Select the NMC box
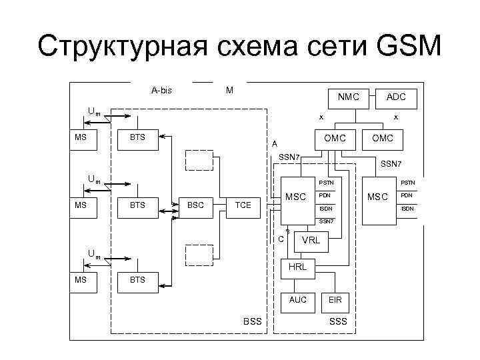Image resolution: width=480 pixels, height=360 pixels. pos(348,97)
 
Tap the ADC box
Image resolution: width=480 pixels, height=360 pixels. pos(396,97)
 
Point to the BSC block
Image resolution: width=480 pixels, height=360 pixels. pos(195,205)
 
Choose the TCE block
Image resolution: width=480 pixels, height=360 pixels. pos(243,205)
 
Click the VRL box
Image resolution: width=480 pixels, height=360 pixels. pos(311,240)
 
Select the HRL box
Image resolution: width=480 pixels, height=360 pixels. pos(297,267)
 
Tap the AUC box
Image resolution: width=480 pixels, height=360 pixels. pos(297,300)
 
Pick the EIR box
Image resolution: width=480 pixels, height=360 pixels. pos(335,300)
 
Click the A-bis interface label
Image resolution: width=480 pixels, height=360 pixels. pos(161,90)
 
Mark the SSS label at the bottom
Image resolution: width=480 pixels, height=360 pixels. pos(338,322)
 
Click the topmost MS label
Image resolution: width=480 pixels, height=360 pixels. pos(81,138)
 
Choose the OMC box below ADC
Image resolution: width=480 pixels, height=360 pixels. pos(383,138)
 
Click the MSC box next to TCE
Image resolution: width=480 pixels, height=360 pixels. pos(295,197)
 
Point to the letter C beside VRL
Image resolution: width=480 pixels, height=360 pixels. pos(281,239)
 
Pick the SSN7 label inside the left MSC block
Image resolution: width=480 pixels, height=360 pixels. pos(325,221)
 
